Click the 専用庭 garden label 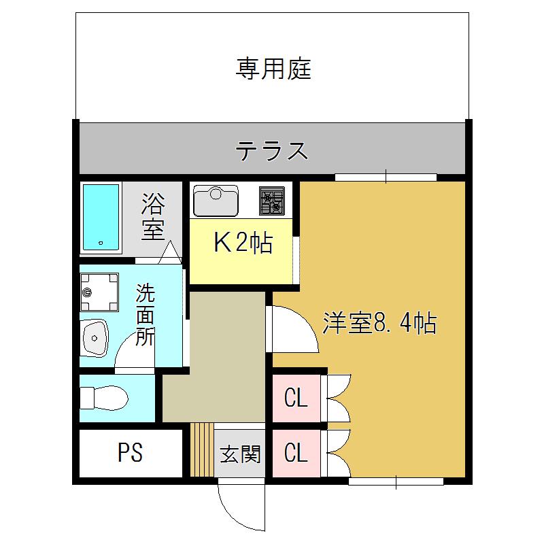[x=273, y=69]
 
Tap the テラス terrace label [x=272, y=151]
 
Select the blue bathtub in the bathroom [x=101, y=218]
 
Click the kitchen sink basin [x=216, y=201]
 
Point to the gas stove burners [x=271, y=201]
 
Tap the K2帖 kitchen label [x=243, y=242]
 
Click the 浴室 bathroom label [x=152, y=216]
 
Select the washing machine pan [x=99, y=292]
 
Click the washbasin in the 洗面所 [x=95, y=338]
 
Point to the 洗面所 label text [x=145, y=315]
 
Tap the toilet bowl [x=104, y=398]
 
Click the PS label [x=130, y=452]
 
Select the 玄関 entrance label [x=240, y=454]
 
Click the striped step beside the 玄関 [x=202, y=450]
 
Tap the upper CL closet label [x=296, y=398]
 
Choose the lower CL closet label [x=296, y=453]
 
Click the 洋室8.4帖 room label [x=379, y=323]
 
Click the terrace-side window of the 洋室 [x=386, y=177]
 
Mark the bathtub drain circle [x=101, y=243]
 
